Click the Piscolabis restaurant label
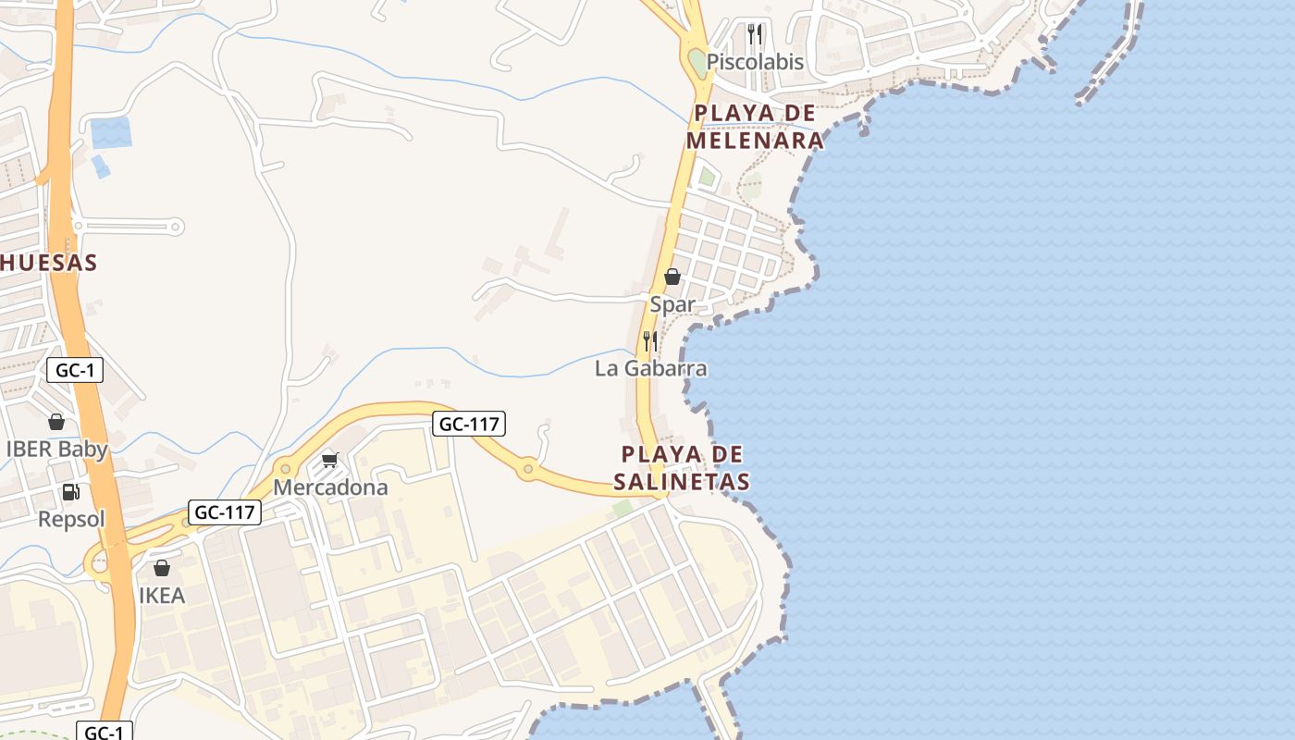point(755,62)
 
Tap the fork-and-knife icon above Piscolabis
point(755,34)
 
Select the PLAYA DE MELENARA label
point(755,127)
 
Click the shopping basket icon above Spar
point(672,277)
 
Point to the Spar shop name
point(672,304)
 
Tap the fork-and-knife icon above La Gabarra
point(650,341)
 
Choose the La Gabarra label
point(650,368)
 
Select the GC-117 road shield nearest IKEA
point(225,512)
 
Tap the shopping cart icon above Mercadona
point(330,460)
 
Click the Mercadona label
point(330,487)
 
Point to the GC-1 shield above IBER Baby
point(75,371)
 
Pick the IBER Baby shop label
point(56,450)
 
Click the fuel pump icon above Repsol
point(71,492)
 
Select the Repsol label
point(71,519)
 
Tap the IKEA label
point(162,595)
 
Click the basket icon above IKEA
point(162,568)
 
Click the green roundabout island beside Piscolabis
point(697,63)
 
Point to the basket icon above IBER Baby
point(56,422)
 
